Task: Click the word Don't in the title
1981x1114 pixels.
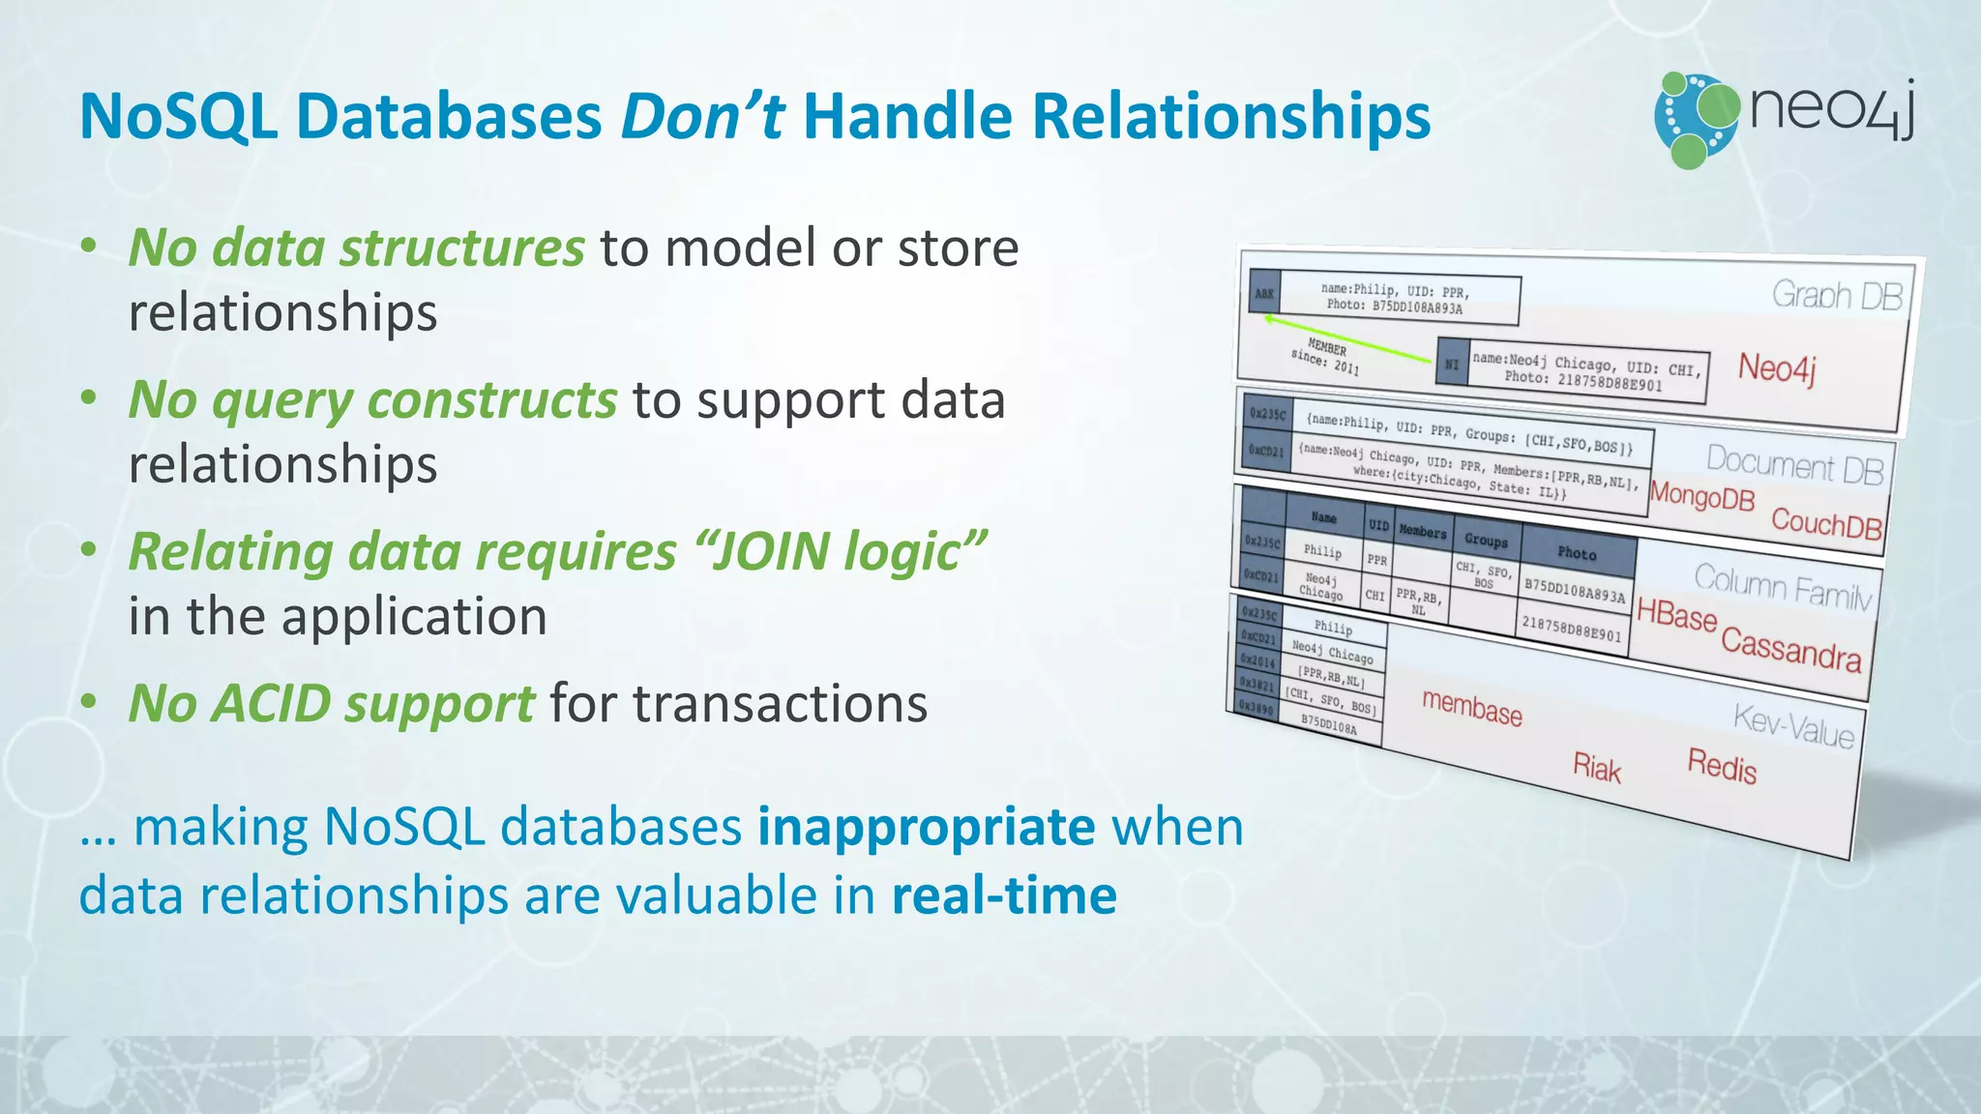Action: [x=701, y=116]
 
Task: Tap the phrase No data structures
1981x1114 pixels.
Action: [x=356, y=248]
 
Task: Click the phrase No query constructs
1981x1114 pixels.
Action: [x=372, y=399]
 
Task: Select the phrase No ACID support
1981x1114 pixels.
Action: [x=331, y=703]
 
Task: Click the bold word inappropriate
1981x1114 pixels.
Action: [x=926, y=827]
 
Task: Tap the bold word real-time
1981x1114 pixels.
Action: [x=1003, y=894]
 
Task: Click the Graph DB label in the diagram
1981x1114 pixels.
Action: [x=1836, y=295]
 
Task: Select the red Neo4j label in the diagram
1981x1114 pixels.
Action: [x=1776, y=368]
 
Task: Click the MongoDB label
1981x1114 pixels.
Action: [x=1701, y=496]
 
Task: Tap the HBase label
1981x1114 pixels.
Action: [x=1676, y=614]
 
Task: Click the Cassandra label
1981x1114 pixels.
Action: [x=1790, y=648]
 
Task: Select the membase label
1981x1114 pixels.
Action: [x=1471, y=708]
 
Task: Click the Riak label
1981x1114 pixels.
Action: [x=1596, y=768]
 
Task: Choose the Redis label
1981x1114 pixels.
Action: [x=1721, y=766]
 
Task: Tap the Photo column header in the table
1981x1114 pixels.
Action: [x=1576, y=553]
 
